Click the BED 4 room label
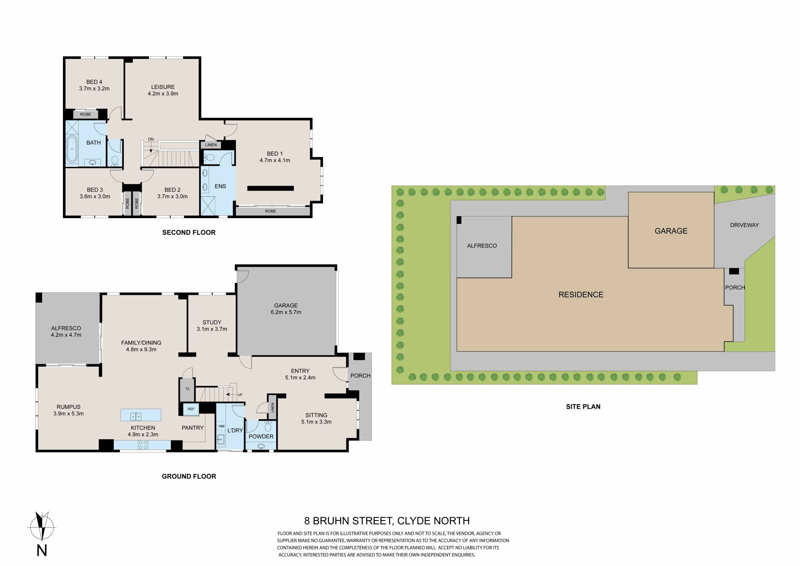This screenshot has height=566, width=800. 94,82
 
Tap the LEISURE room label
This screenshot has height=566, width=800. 163,87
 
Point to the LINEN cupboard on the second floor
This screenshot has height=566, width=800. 211,145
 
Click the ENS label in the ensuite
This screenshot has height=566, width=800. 220,186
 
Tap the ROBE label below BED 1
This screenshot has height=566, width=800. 270,211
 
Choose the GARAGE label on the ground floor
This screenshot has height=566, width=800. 286,305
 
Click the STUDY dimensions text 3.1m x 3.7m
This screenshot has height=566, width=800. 212,329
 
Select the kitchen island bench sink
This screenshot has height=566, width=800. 136,415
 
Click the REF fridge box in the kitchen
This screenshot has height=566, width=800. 191,409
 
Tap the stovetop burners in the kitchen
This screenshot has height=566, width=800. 142,445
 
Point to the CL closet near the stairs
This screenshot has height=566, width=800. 187,389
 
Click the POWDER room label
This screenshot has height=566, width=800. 261,437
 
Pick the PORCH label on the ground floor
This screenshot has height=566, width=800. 360,376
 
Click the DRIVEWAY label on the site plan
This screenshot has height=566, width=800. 745,225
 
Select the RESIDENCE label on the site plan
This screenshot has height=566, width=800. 581,295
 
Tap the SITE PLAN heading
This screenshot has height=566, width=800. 583,407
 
